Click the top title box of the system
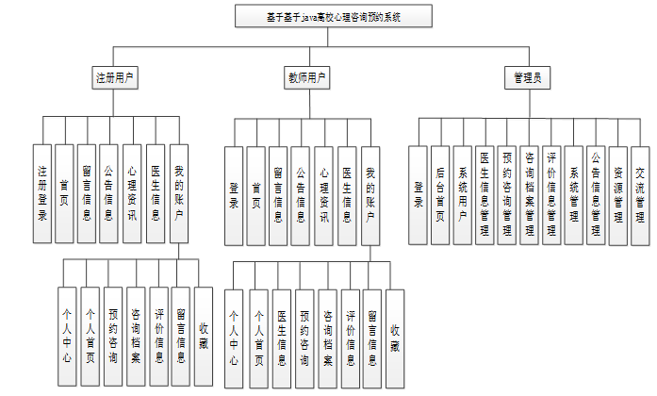tap(320, 17)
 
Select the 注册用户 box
tap(116, 77)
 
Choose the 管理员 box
tap(527, 77)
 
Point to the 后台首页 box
tap(441, 192)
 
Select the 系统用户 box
tap(464, 192)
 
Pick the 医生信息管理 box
tap(485, 192)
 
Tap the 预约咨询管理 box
tap(507, 192)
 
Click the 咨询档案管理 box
tap(530, 192)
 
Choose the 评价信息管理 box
tap(552, 192)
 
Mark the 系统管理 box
tap(574, 192)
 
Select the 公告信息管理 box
tap(596, 192)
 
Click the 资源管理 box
tap(618, 192)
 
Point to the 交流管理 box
tap(640, 192)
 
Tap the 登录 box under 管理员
tap(419, 192)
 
